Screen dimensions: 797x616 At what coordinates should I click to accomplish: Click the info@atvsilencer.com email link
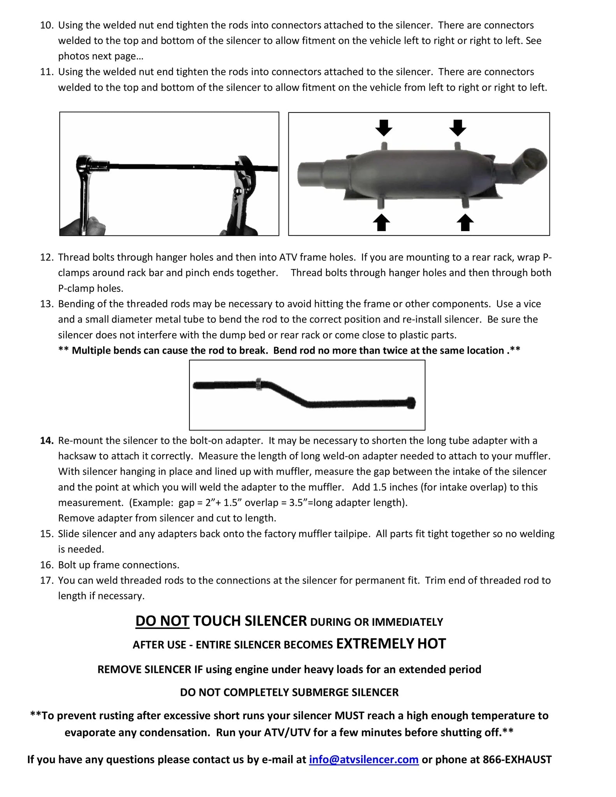pos(363,759)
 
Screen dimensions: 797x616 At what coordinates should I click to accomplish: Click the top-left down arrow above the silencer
pos(384,128)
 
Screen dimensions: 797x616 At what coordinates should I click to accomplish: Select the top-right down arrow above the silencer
pos(457,128)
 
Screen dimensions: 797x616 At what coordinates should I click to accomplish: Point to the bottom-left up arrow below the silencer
pos(381,223)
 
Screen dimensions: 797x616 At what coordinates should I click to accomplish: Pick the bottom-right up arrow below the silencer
pos(465,223)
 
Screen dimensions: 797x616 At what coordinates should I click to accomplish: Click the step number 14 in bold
pos(47,441)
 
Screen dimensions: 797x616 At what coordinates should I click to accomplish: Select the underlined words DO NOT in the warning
pos(162,621)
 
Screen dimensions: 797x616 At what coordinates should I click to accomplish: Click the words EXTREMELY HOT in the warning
pos(391,644)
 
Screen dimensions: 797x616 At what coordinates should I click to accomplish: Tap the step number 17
pos(47,580)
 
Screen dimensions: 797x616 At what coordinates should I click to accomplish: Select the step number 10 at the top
pos(47,25)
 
